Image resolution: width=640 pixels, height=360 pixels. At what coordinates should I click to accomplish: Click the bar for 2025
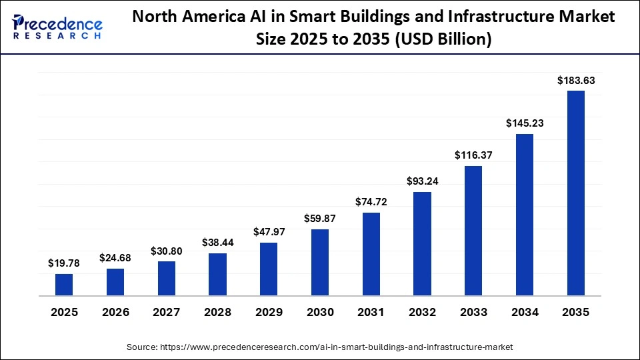[x=64, y=285]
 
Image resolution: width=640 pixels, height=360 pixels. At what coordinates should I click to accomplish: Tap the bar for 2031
[x=371, y=254]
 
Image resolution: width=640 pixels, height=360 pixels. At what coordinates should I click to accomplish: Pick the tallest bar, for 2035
[x=575, y=193]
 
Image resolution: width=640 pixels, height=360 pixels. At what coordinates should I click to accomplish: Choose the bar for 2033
[x=473, y=231]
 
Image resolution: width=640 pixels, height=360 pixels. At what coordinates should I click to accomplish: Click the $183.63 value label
[x=576, y=81]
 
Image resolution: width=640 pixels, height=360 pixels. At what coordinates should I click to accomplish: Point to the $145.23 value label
[x=525, y=123]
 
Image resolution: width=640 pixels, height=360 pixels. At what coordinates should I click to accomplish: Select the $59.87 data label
[x=320, y=219]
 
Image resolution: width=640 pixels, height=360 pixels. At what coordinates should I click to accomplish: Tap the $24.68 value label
[x=115, y=257]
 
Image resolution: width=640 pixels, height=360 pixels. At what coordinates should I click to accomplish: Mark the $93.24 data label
[x=422, y=181]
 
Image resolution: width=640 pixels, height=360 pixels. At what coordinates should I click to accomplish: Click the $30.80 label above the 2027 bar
[x=167, y=251]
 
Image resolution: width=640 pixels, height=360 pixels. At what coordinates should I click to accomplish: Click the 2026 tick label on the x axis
[x=115, y=313]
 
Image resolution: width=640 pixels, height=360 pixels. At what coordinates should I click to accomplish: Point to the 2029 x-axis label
[x=269, y=313]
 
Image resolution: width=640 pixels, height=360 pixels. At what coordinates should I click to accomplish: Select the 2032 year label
[x=422, y=313]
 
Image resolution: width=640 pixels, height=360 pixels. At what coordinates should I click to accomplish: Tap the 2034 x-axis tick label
[x=525, y=313]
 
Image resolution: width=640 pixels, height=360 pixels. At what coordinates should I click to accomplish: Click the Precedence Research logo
[x=57, y=27]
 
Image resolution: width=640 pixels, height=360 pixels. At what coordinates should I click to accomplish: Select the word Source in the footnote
[x=142, y=347]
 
